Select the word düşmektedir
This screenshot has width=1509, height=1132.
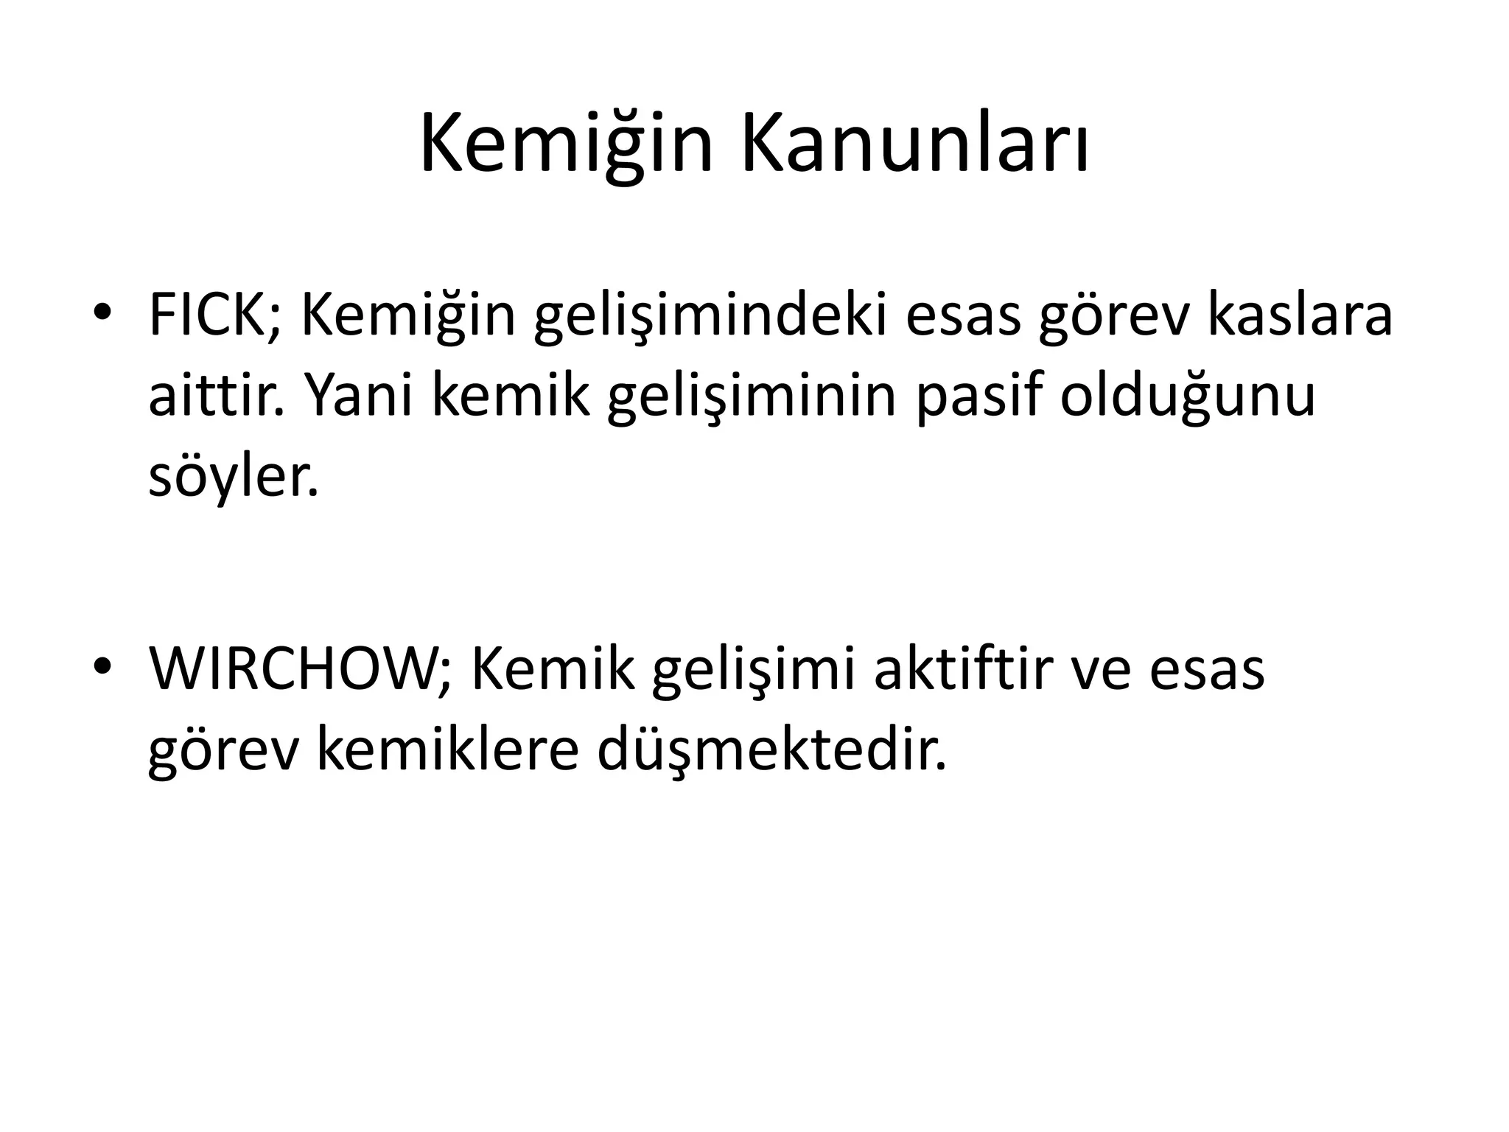coord(771,752)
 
